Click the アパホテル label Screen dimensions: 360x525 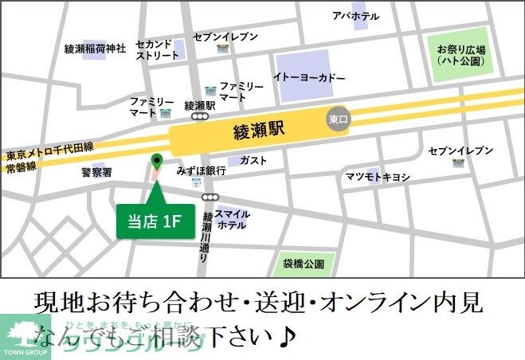tap(355, 16)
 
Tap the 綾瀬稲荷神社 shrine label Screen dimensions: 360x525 tap(96, 49)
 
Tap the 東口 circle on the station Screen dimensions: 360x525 tap(339, 120)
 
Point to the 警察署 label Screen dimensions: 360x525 tap(96, 171)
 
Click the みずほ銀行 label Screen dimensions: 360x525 tap(202, 170)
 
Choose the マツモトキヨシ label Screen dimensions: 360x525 tap(377, 175)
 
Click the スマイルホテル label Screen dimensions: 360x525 tap(232, 219)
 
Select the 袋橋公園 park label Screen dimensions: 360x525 tap(304, 263)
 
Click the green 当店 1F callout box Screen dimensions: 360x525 tap(155, 221)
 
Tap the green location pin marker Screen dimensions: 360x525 tap(156, 161)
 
